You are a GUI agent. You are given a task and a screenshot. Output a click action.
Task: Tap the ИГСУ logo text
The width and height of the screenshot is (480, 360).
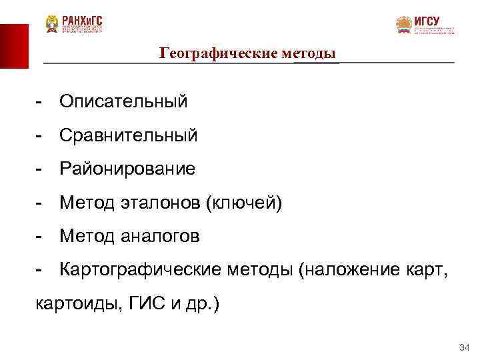tap(427, 21)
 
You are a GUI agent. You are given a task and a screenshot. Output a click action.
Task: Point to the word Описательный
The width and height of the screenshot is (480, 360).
tap(123, 101)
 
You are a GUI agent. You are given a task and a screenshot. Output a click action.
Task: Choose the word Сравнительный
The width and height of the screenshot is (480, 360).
tap(129, 135)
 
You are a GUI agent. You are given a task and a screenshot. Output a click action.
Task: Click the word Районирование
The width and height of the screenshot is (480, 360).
tap(127, 169)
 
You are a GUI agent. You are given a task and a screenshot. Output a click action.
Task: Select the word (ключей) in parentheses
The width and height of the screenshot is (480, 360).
tap(247, 203)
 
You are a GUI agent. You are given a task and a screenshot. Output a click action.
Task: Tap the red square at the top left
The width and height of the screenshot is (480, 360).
tap(14, 46)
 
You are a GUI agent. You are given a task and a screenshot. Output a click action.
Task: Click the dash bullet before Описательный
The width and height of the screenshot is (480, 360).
tap(40, 102)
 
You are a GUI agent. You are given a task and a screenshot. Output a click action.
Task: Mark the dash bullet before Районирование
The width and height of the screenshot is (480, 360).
tap(40, 169)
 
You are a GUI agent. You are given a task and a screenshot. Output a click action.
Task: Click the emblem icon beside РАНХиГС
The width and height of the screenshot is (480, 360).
tap(51, 24)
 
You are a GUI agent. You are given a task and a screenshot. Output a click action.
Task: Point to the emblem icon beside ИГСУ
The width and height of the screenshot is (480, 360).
tap(403, 25)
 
